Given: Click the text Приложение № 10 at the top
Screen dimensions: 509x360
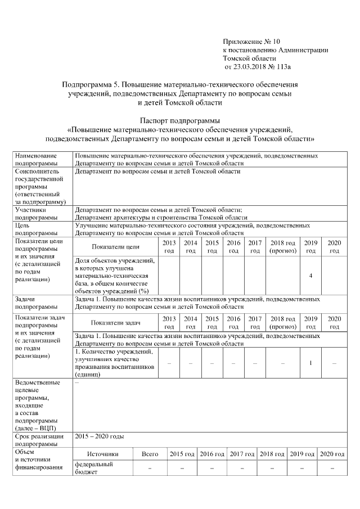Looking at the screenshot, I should [251, 42].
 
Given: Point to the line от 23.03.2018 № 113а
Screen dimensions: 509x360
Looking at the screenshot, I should [258, 67].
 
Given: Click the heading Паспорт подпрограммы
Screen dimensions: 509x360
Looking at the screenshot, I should [179, 120].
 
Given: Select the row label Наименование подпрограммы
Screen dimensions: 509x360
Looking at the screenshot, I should [37, 159].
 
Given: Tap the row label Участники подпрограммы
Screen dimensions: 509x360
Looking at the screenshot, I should [37, 213].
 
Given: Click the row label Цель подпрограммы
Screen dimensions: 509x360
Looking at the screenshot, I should [37, 229].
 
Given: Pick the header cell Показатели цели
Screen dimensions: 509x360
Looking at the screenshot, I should [116, 246].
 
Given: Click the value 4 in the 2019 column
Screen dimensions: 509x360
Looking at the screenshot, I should [310, 276].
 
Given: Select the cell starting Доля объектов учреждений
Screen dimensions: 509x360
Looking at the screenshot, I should [116, 276].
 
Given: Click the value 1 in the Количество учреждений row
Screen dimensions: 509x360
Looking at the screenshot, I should [310, 362].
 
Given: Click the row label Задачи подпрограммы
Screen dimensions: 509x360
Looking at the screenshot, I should [37, 303].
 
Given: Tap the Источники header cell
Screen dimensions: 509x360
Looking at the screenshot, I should [103, 454].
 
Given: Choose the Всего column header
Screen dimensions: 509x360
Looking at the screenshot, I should [150, 454].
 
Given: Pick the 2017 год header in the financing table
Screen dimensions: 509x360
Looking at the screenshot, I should [242, 454].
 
